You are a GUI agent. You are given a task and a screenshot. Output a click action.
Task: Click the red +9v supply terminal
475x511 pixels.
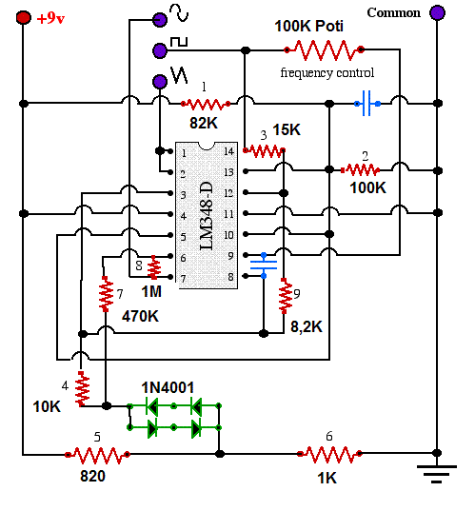click(x=24, y=17)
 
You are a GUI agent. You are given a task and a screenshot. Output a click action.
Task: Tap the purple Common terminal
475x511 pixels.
click(x=437, y=12)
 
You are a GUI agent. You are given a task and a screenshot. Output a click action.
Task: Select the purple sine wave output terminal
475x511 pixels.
click(x=160, y=20)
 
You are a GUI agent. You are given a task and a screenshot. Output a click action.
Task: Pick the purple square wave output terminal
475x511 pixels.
click(x=160, y=50)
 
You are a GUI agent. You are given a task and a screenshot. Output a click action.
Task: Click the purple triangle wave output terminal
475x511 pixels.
click(x=160, y=81)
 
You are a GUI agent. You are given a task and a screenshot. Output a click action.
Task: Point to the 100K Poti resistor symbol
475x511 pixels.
click(x=324, y=49)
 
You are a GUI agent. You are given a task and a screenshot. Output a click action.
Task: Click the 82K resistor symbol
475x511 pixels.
click(x=206, y=104)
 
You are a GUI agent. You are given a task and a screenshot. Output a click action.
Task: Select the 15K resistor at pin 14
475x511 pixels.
click(x=264, y=150)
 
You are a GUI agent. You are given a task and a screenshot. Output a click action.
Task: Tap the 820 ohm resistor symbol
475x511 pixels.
click(x=97, y=454)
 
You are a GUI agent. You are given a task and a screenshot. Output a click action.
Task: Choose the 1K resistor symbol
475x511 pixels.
click(x=329, y=454)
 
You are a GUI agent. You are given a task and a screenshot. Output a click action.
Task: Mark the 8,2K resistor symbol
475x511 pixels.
click(x=286, y=296)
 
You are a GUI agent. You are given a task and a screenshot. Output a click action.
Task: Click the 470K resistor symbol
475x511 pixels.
click(x=106, y=294)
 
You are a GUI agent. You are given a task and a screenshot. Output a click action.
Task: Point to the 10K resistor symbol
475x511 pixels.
click(x=82, y=388)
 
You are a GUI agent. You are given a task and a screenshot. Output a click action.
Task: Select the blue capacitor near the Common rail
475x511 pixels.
click(x=367, y=104)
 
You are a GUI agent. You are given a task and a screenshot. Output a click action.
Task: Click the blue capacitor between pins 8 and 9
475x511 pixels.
click(x=264, y=265)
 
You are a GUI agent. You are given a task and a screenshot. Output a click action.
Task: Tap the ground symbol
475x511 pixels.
click(x=437, y=474)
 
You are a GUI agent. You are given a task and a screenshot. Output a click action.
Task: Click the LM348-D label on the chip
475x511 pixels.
click(x=206, y=216)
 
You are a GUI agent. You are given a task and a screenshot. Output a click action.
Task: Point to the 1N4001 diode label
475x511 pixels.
click(x=168, y=387)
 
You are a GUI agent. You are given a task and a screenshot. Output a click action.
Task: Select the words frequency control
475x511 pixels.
click(x=327, y=72)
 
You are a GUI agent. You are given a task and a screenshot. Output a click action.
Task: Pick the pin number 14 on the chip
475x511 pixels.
click(x=228, y=151)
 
